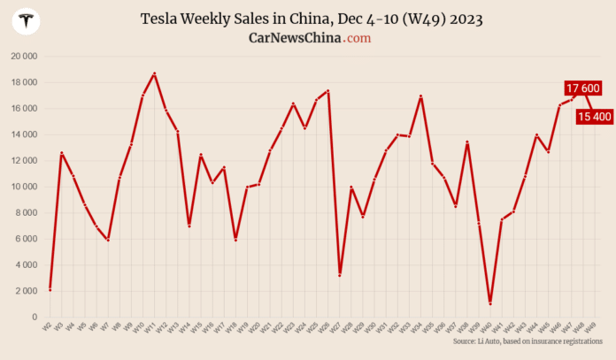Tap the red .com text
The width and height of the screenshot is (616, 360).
pos(358,38)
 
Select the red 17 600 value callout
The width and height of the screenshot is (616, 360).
pos(583,88)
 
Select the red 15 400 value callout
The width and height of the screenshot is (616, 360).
pos(594,116)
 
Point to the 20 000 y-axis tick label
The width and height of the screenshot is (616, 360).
pos(24,56)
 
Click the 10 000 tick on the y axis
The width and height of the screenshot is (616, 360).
pos(24,187)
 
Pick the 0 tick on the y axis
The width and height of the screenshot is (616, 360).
pos(35,317)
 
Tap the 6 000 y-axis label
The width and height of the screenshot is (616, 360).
pos(26,239)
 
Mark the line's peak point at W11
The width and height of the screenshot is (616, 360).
pos(154,73)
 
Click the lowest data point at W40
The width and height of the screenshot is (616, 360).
pos(490,303)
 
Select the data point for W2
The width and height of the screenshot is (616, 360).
pos(50,289)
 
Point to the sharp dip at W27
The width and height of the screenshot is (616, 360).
pos(340,275)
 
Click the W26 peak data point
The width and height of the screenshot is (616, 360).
pos(328,90)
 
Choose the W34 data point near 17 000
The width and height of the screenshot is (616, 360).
pos(420,96)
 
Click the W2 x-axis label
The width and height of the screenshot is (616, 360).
pos(49,326)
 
